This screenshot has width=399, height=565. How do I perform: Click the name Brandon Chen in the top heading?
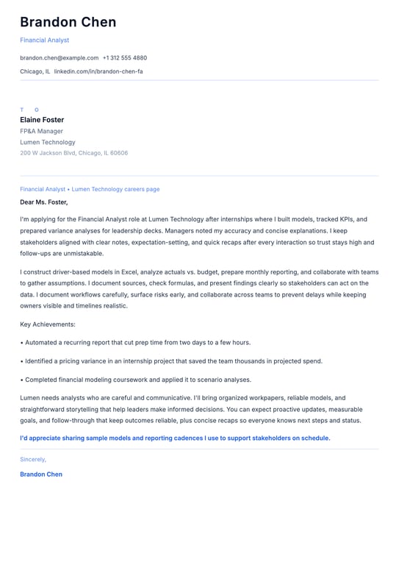(68, 22)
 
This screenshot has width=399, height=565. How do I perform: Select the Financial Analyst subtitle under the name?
(44, 40)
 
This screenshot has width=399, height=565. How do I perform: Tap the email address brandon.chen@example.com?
(59, 57)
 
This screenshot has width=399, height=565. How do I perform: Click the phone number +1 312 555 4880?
(125, 57)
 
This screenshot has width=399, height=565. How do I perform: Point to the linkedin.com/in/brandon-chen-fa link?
(98, 71)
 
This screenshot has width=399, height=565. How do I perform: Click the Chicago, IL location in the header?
(35, 71)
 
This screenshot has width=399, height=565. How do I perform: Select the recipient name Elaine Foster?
(42, 120)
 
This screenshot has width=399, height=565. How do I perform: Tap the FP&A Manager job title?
(41, 131)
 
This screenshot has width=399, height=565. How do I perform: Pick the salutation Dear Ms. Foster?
(43, 202)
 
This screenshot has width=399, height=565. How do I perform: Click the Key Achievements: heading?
(48, 324)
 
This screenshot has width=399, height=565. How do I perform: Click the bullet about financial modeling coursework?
(137, 380)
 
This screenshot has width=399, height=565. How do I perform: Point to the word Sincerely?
(33, 459)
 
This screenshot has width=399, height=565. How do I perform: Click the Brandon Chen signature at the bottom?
(41, 475)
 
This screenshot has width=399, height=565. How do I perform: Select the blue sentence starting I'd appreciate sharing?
(175, 438)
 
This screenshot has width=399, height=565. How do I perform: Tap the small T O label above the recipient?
(29, 110)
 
